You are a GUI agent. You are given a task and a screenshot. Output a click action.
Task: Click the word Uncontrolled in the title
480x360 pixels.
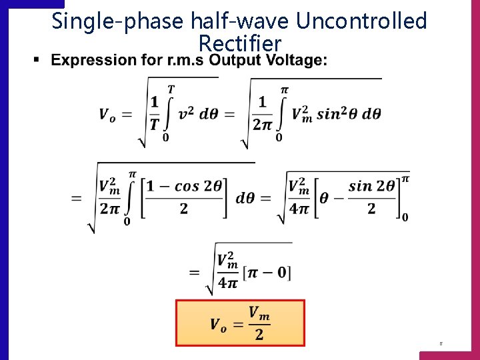tap(361, 21)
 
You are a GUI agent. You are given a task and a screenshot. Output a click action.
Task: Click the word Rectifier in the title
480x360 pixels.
tap(240, 45)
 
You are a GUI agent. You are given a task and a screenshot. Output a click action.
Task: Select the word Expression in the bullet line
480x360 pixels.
tap(93, 61)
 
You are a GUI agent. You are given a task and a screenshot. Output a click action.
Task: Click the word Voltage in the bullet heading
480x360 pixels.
tap(296, 61)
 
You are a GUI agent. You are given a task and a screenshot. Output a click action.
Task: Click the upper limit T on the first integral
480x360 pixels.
tap(171, 89)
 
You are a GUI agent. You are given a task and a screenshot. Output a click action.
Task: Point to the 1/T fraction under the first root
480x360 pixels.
tap(155, 113)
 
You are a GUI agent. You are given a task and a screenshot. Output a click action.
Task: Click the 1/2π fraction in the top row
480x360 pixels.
tap(262, 113)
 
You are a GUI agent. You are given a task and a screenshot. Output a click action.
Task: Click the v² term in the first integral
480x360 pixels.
tap(187, 114)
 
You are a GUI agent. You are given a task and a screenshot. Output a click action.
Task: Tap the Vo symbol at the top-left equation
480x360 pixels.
tap(107, 115)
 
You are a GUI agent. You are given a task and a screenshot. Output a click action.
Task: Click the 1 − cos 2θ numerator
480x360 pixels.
tap(185, 187)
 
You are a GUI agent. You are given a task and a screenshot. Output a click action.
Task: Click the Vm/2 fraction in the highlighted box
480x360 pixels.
tap(259, 323)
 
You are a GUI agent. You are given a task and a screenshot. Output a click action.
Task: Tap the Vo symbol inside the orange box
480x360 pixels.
tap(218, 324)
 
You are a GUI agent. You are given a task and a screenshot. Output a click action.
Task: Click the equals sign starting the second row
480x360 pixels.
tap(76, 199)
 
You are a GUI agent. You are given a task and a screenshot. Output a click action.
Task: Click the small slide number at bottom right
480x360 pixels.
tap(441, 344)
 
